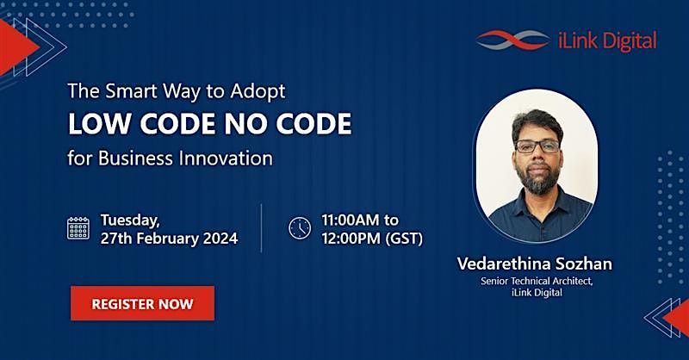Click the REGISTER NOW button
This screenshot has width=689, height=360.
[142, 303]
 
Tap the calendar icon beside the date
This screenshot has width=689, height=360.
[78, 228]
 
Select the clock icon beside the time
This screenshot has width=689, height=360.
[300, 228]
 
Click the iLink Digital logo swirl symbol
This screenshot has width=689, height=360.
[512, 40]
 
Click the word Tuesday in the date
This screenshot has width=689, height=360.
[130, 220]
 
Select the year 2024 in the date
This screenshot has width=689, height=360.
[220, 239]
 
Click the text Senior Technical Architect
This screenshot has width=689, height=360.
[537, 281]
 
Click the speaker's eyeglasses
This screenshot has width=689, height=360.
[537, 146]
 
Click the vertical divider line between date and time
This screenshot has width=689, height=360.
[262, 228]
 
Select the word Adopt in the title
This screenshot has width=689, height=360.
[258, 92]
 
